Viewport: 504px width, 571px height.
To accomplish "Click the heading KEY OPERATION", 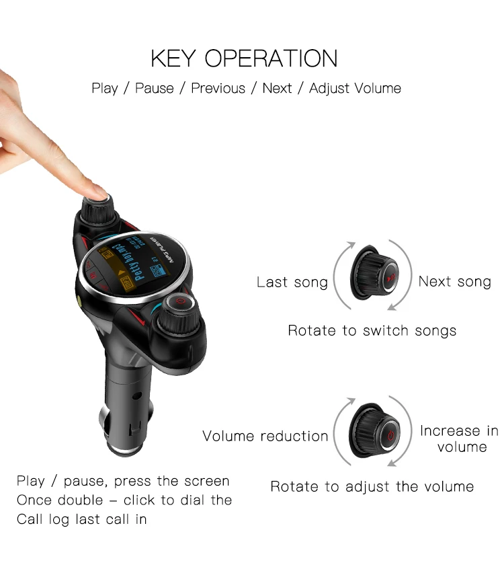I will (244, 59).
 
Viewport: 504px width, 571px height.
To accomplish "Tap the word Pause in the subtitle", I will (154, 88).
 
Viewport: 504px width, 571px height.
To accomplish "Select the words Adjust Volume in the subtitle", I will (355, 88).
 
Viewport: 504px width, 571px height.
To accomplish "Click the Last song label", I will (292, 282).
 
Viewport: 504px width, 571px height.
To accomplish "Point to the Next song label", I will (454, 281).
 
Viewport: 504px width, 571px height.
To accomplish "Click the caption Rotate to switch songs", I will (372, 330).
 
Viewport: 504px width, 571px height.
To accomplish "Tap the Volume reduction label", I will (265, 436).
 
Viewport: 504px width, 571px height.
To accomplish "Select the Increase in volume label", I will (459, 439).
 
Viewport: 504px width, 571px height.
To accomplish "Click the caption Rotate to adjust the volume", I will (372, 486).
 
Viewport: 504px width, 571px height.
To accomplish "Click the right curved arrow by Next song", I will (406, 276).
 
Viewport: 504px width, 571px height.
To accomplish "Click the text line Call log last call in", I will (81, 519).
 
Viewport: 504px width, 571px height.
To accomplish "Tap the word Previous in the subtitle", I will (218, 88).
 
